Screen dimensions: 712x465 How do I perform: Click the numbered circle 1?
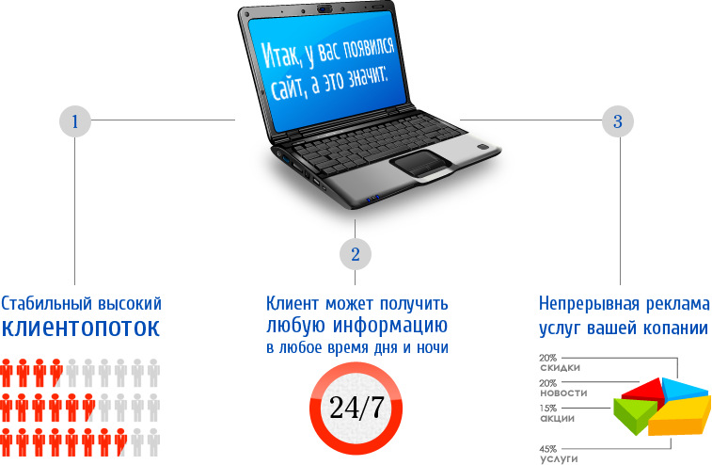[x=75, y=120]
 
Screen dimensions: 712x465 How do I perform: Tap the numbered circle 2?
[x=356, y=253]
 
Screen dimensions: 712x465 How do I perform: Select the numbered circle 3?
[x=618, y=120]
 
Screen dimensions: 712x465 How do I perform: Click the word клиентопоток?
[x=81, y=329]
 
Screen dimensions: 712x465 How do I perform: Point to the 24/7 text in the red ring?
[x=356, y=407]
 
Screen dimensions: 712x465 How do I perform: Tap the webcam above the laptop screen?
[x=324, y=8]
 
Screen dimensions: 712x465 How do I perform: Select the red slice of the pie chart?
[x=642, y=390]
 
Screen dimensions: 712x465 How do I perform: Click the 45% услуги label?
[x=558, y=454]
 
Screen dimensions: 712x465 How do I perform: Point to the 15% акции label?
[x=557, y=413]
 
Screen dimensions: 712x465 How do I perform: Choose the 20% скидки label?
[x=560, y=362]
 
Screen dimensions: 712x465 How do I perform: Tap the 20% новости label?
[x=563, y=388]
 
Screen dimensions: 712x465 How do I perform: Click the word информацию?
[x=390, y=326]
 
